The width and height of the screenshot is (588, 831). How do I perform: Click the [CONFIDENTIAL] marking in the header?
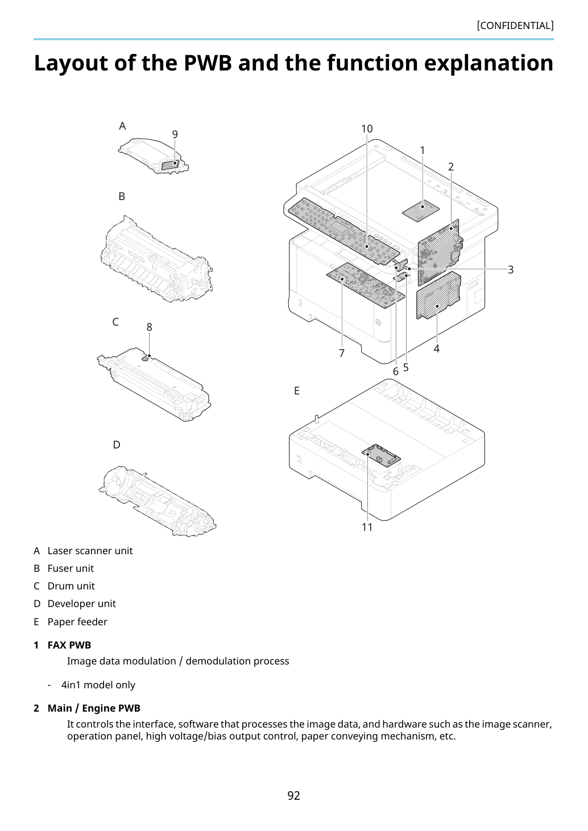point(515,26)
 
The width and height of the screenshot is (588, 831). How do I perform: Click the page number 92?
point(293,795)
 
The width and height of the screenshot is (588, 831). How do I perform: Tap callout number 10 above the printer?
point(367,128)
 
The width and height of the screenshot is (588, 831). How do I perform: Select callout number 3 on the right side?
point(511,269)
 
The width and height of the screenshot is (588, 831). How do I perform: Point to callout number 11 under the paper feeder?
point(367,527)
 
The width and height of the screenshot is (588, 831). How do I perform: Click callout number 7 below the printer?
point(342,353)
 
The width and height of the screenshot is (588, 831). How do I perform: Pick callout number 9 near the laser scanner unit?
point(175,134)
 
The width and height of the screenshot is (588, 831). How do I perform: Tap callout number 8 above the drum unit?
point(149,327)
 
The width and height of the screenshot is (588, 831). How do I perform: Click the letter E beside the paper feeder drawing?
point(297,390)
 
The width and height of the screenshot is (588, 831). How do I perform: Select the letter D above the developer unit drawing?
point(117,445)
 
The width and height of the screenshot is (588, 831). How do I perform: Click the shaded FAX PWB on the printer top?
point(421,210)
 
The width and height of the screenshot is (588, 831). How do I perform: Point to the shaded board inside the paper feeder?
point(381,455)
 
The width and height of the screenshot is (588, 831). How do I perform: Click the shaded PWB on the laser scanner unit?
point(171,164)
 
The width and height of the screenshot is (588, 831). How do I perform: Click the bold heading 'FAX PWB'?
point(69,645)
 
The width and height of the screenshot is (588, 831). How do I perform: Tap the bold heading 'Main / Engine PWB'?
point(94,708)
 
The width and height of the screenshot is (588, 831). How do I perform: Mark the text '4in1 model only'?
point(98,685)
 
